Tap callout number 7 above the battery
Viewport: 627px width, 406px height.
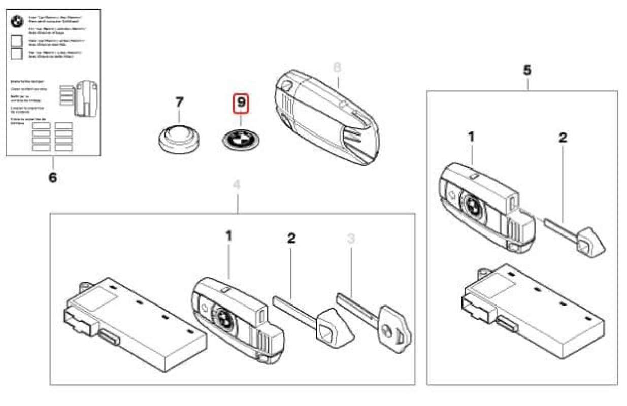(179, 102)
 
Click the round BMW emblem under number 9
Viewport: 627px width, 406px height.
(241, 138)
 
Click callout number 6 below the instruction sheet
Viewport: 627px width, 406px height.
(53, 177)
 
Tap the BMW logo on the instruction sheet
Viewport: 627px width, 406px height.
(17, 22)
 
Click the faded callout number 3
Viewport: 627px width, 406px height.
(351, 238)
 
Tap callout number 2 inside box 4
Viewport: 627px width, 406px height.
(291, 238)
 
